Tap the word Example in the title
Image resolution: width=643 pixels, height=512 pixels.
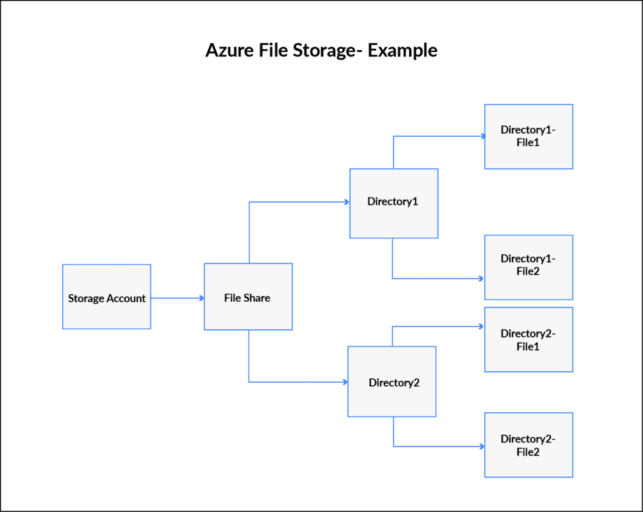403,50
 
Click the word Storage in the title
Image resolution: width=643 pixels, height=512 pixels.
325,50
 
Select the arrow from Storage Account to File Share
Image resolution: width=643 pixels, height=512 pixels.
178,299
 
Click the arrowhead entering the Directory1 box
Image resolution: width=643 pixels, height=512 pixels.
346,202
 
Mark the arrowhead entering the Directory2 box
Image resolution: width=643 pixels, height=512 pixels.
345,382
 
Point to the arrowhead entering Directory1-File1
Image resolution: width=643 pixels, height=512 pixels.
481,136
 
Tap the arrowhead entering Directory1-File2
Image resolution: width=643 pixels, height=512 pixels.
481,279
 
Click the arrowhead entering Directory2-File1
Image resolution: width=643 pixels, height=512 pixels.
481,326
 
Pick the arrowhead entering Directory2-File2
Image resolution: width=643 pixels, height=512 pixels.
481,446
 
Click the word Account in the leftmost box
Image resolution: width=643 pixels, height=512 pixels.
127,299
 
